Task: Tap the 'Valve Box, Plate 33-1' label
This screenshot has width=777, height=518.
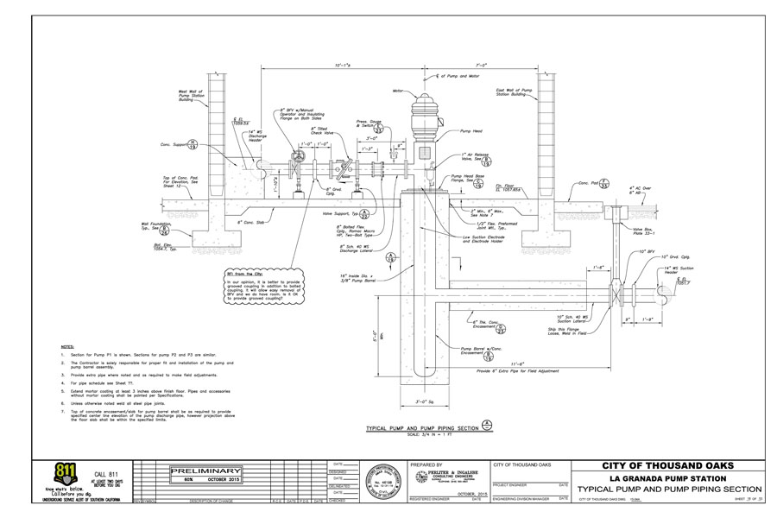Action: pyautogui.click(x=645, y=231)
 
